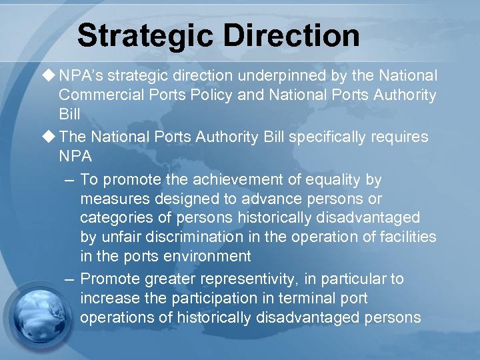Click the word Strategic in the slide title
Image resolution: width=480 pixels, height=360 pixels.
pos(141,35)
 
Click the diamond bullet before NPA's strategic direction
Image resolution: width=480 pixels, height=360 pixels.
pos(50,75)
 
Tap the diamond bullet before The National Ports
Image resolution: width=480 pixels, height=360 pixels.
pos(50,137)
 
